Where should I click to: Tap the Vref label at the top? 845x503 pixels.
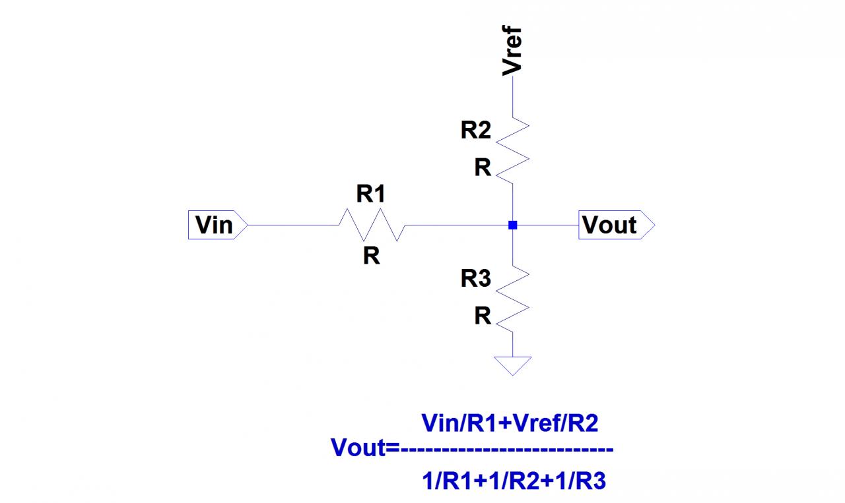coord(512,50)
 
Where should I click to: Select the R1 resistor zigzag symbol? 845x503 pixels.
coord(372,225)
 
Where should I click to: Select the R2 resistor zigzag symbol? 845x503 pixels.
coord(513,151)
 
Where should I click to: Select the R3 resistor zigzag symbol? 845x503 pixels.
coord(513,299)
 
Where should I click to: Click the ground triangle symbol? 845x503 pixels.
coord(512,365)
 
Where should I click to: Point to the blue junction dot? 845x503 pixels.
coord(512,225)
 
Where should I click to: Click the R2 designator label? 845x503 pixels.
coord(476,131)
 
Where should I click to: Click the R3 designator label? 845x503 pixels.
coord(476,280)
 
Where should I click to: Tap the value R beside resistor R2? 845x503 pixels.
coord(483,169)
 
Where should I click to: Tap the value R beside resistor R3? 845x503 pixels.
coord(483,317)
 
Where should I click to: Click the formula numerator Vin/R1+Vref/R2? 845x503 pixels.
coord(509,423)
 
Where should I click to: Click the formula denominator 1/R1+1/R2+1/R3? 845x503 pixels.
coord(514,482)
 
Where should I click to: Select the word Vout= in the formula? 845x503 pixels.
coord(365,449)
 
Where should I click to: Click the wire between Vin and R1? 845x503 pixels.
coord(294,225)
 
